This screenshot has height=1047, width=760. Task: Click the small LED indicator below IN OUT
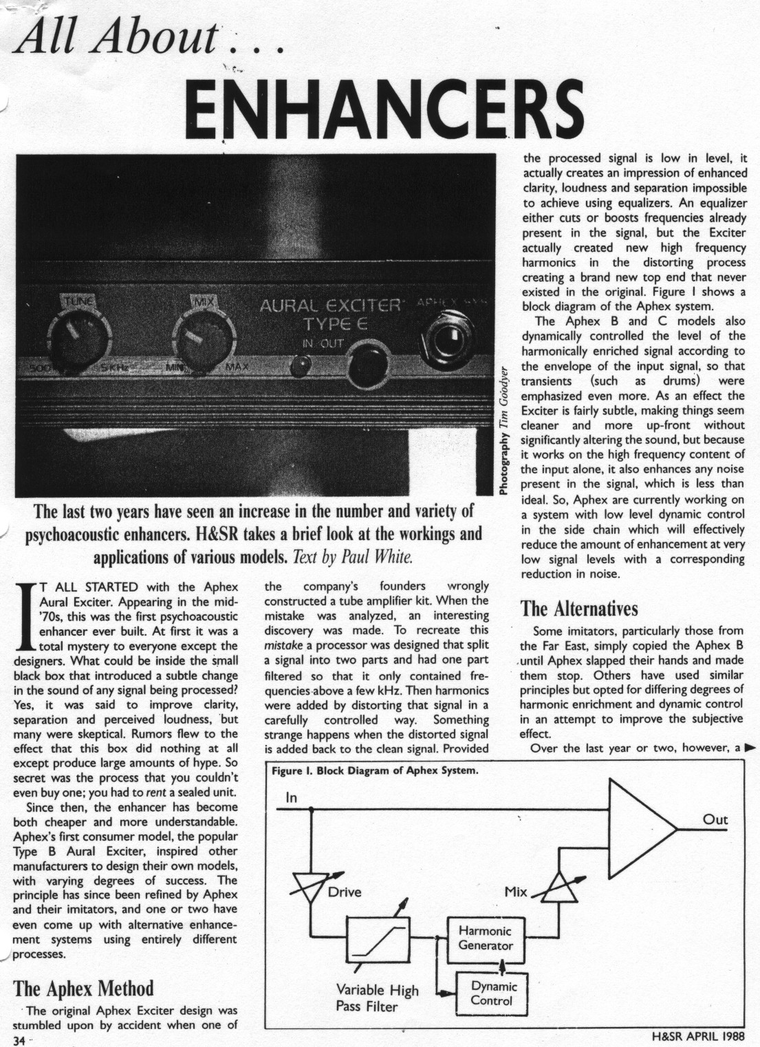(x=298, y=365)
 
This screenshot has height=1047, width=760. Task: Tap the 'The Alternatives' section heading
(x=579, y=609)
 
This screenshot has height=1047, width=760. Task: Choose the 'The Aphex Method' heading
(x=83, y=989)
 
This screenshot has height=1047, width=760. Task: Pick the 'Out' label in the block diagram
(x=715, y=819)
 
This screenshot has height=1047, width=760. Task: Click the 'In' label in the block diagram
(x=292, y=797)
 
